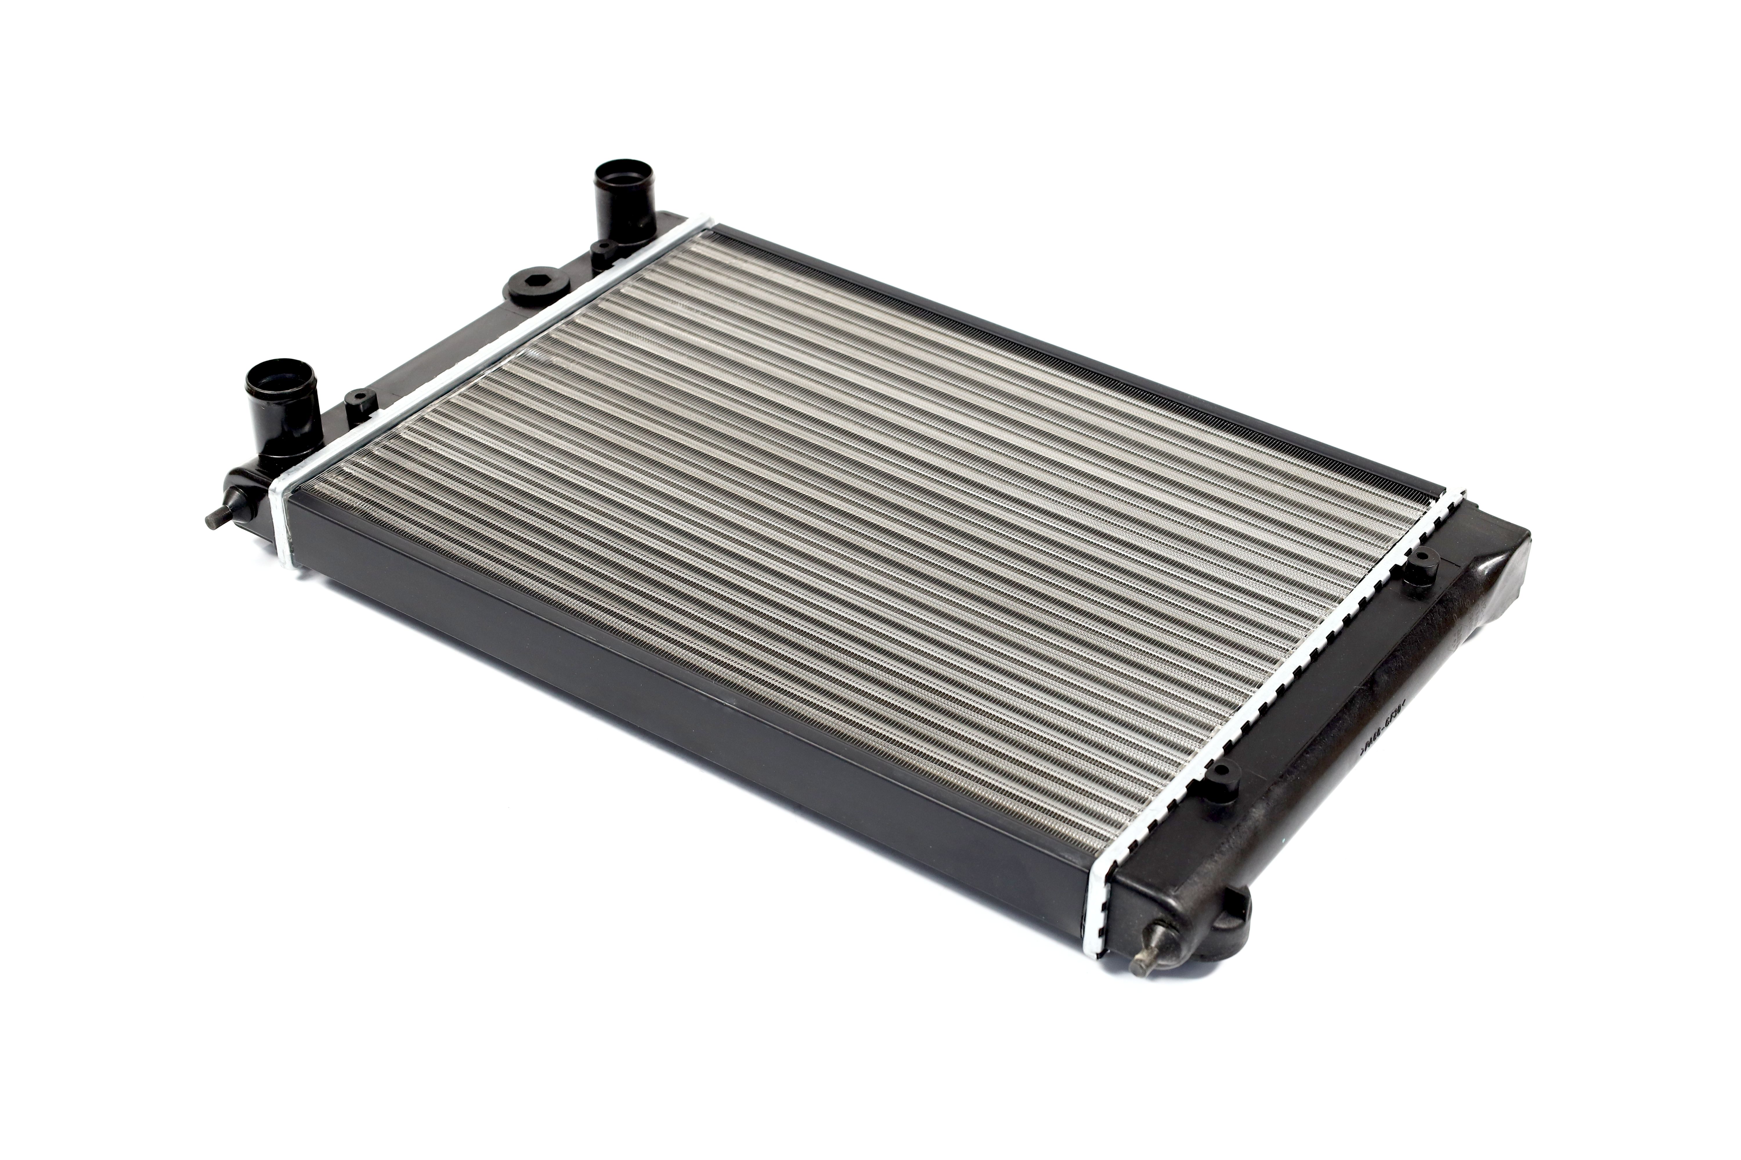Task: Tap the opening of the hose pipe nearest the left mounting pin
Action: point(282,375)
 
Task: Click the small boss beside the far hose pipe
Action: point(603,251)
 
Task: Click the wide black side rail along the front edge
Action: point(666,695)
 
